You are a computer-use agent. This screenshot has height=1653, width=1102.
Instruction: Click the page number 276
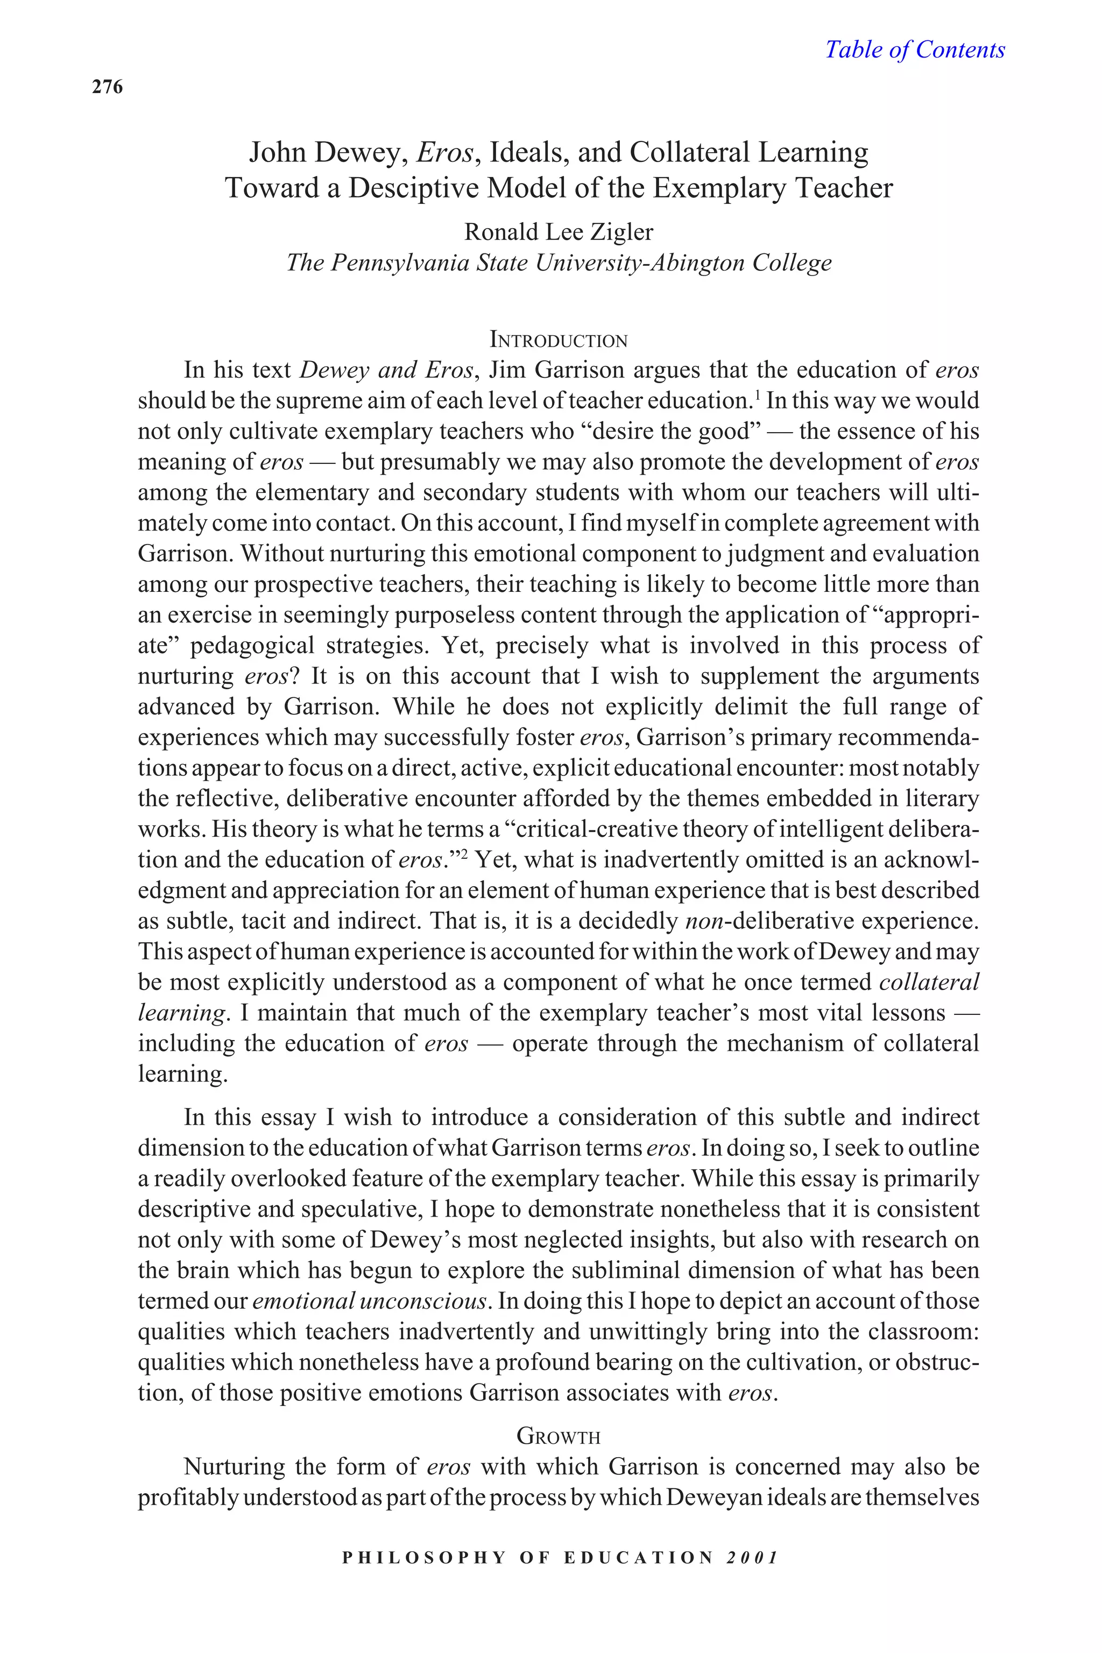click(108, 87)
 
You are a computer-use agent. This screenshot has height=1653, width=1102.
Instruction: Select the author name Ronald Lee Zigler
click(559, 231)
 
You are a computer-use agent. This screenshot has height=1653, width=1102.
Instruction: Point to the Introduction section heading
click(559, 340)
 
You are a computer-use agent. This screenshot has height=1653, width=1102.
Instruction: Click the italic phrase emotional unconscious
click(369, 1301)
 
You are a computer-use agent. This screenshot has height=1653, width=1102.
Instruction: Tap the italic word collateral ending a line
click(929, 983)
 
